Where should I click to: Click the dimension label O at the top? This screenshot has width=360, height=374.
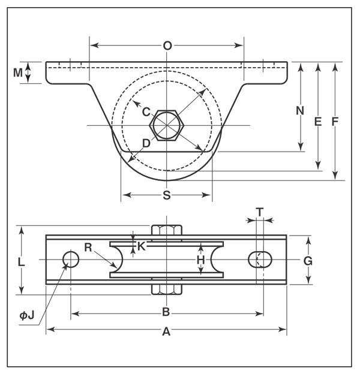(167, 46)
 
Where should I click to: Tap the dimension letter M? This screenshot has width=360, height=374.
(19, 73)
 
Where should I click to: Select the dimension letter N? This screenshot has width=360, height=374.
(301, 110)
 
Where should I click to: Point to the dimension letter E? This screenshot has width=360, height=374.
(318, 122)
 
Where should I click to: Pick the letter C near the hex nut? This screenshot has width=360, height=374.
(146, 111)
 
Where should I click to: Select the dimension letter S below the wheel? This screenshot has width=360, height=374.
(167, 195)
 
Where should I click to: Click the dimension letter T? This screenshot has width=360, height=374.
(259, 212)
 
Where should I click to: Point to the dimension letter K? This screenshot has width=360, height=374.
(141, 245)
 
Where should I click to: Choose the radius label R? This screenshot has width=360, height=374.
(88, 246)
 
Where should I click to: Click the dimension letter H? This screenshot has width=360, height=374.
(201, 260)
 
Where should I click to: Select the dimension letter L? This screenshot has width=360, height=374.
(21, 262)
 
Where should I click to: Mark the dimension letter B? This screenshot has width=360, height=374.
(167, 312)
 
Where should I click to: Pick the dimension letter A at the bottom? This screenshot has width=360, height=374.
(166, 331)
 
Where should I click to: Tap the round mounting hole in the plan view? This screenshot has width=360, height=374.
(71, 260)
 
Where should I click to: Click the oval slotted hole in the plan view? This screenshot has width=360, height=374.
(260, 260)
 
